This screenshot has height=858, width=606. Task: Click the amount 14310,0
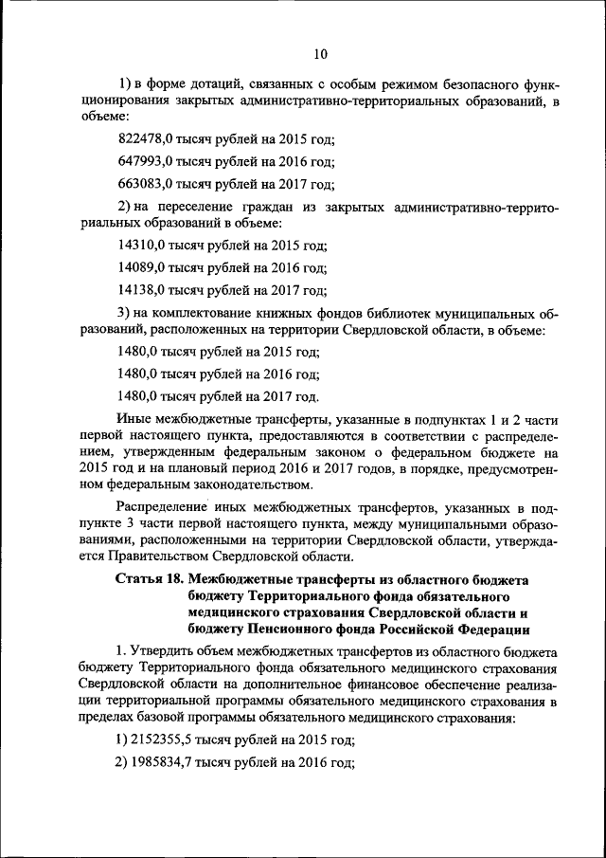click(141, 245)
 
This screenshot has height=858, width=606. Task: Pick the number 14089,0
click(141, 268)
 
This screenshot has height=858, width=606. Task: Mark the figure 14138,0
click(141, 291)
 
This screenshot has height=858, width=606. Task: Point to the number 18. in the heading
click(176, 578)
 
